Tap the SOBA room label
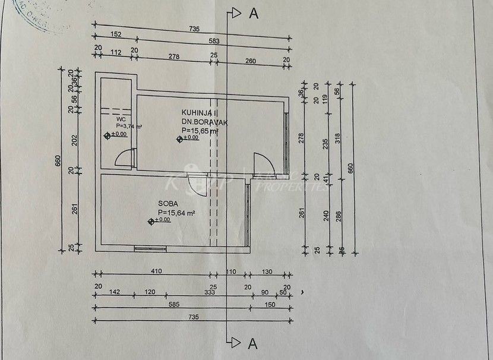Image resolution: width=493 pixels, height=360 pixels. pyautogui.click(x=168, y=203)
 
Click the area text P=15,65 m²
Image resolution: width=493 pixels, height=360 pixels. pyautogui.click(x=200, y=130)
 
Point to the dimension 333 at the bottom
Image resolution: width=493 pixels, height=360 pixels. pyautogui.click(x=208, y=293)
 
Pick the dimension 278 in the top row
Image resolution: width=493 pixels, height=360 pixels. pyautogui.click(x=173, y=56)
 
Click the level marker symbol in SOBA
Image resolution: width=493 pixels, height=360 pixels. pyautogui.click(x=151, y=222)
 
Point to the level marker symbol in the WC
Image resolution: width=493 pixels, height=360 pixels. pyautogui.click(x=107, y=135)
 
